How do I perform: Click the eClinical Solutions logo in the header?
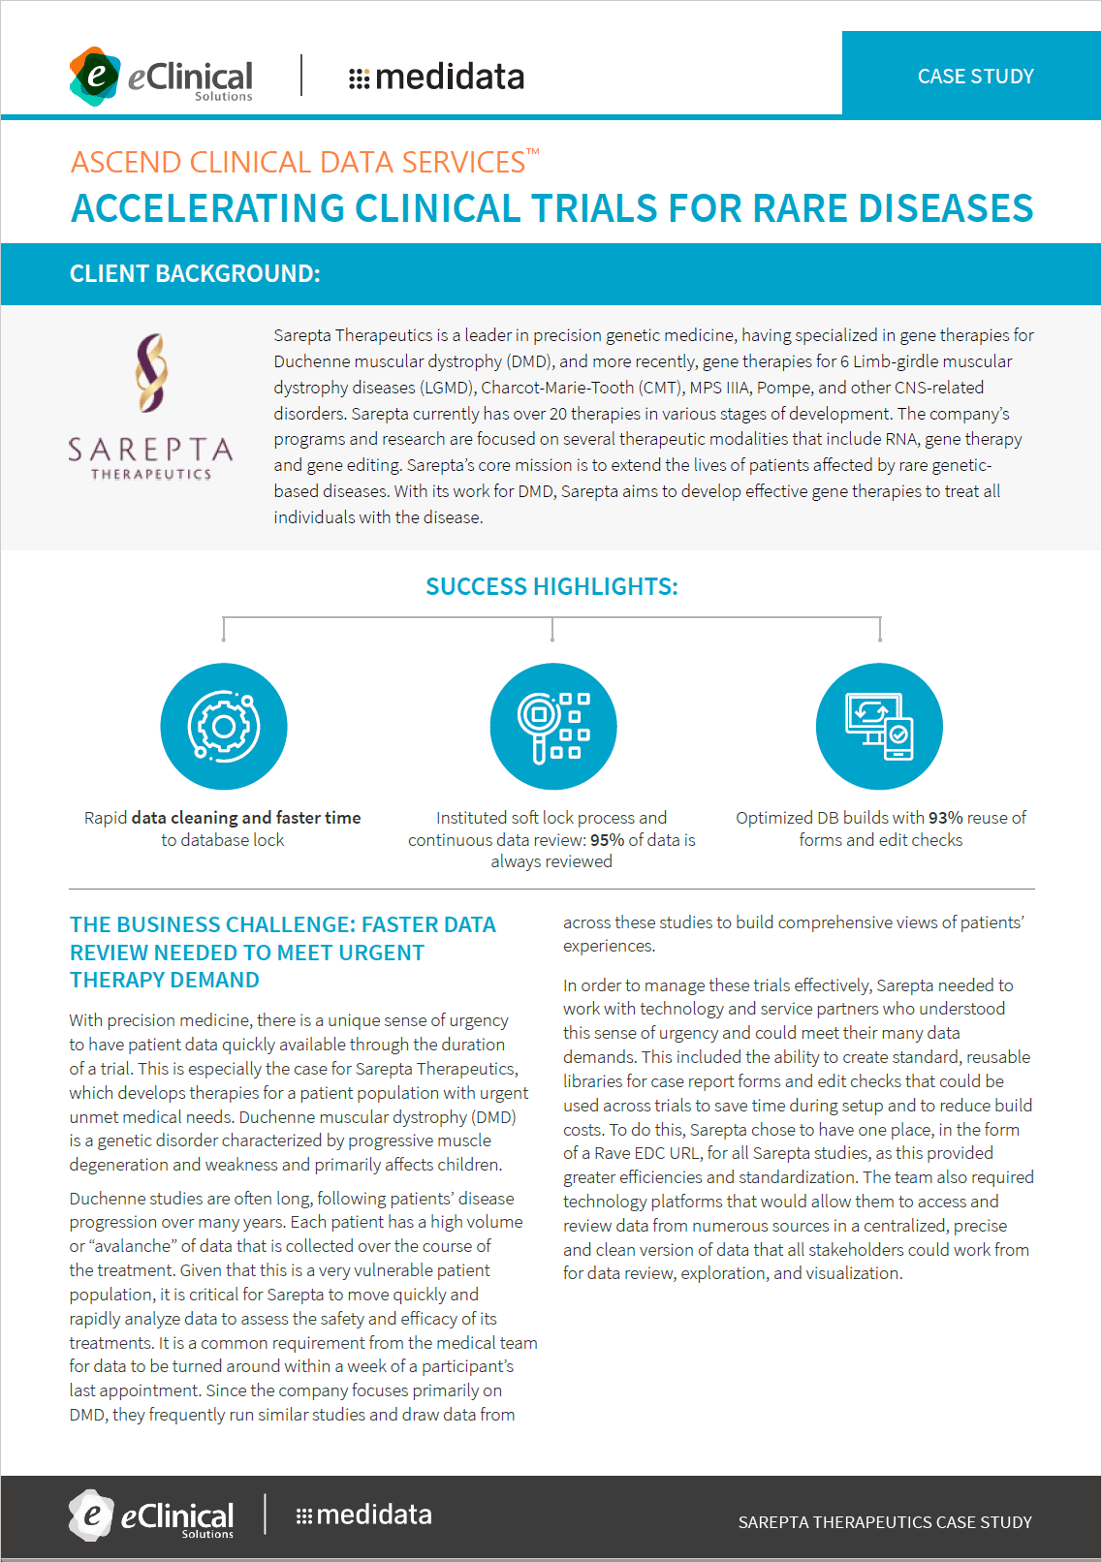[x=161, y=76]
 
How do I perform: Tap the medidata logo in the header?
[x=436, y=77]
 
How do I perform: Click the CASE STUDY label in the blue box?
[x=975, y=77]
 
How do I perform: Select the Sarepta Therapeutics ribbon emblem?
[x=151, y=372]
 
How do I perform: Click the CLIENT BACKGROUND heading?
[x=195, y=273]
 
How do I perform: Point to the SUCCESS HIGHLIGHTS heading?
[x=551, y=586]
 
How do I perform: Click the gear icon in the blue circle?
[x=224, y=727]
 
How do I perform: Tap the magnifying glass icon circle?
[x=552, y=727]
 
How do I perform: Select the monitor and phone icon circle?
[x=879, y=727]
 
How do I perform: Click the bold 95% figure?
[x=607, y=840]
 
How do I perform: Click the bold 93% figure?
[x=945, y=818]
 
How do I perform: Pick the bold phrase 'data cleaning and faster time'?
[x=246, y=818]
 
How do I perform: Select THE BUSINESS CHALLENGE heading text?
[x=281, y=952]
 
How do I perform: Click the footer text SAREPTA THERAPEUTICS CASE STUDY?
[x=885, y=1522]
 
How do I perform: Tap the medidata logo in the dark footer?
[x=364, y=1515]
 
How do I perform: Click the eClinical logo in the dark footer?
[x=152, y=1515]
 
